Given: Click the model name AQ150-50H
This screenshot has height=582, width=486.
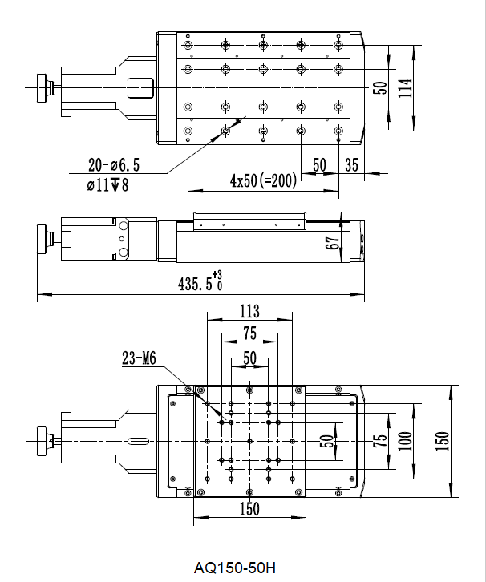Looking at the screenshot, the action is coord(235,568).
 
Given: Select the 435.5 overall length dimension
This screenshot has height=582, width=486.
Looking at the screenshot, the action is coord(196,285).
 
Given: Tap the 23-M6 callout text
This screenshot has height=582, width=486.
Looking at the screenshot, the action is coord(139,358).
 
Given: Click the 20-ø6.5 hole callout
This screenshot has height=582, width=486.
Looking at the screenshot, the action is coord(114,165).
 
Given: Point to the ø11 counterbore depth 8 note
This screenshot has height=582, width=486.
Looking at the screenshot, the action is coord(107,184).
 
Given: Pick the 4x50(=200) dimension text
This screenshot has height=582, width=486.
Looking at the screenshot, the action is coord(263,180).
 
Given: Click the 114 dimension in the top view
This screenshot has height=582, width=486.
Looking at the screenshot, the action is coord(406,88).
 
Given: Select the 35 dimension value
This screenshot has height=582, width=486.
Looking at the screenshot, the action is coord(351,165).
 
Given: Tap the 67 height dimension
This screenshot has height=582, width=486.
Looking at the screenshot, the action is coord(333,243).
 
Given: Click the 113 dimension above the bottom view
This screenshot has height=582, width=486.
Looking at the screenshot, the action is coord(249,311).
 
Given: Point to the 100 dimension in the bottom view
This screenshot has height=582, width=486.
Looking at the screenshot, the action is coord(406,441).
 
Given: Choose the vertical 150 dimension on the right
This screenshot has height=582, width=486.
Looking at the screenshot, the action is coord(442,441).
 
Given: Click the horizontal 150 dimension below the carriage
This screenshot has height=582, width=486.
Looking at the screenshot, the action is coord(249,509).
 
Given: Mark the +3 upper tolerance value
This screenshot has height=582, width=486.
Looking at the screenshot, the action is coord(217,275).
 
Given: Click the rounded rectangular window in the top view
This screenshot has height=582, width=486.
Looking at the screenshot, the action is coord(140,88).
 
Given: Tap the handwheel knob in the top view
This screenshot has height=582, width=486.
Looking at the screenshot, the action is coord(42,88).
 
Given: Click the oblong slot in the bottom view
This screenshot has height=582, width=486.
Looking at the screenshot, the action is coord(138,442).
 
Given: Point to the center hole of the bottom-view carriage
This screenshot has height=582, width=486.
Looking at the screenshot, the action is coord(250,442).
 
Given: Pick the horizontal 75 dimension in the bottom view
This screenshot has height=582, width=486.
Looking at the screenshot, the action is coord(249,333).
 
